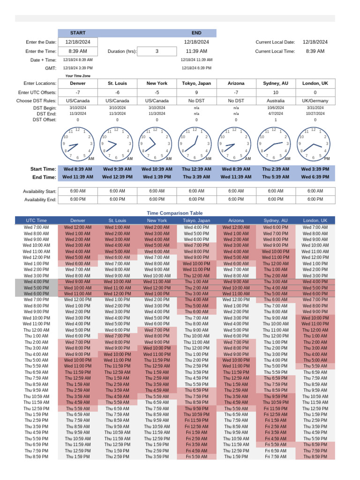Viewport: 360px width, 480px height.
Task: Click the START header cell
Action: tap(78, 33)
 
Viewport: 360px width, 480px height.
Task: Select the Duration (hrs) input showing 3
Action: tap(157, 51)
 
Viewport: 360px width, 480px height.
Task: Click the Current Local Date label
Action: tap(275, 42)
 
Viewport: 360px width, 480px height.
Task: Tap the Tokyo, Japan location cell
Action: tap(196, 83)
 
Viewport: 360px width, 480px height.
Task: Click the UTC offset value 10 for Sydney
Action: tap(276, 92)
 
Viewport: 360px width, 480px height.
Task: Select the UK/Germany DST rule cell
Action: tap(315, 101)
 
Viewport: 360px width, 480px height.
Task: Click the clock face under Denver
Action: tap(78, 143)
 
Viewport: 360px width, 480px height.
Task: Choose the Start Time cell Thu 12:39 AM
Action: tap(196, 169)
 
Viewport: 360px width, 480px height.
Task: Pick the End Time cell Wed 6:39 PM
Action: tap(315, 177)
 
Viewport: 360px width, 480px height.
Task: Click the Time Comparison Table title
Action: tap(175, 213)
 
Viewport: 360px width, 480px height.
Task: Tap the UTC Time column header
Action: tap(36, 220)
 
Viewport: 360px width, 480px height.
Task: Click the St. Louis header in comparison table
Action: tap(117, 220)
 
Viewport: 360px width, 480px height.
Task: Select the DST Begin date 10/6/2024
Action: tap(276, 108)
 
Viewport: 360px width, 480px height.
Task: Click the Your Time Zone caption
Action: tap(78, 75)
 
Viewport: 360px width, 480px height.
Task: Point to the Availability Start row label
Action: tap(39, 191)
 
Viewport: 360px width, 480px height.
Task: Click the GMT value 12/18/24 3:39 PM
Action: tap(78, 68)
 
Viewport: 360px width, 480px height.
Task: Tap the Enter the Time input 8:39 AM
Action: tap(78, 51)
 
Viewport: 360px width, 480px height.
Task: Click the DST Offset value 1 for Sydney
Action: tap(276, 120)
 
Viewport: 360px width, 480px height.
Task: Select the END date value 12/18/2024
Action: tap(196, 42)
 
